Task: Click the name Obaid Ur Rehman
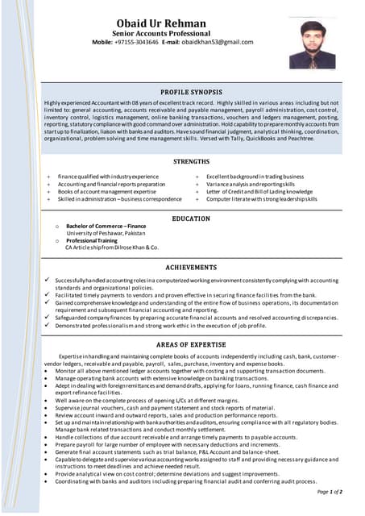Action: (171, 23)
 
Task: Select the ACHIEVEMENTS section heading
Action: (193, 266)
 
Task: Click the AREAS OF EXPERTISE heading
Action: (193, 343)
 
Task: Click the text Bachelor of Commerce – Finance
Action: (106, 227)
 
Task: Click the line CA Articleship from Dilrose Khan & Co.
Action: (111, 248)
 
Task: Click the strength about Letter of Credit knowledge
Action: (259, 191)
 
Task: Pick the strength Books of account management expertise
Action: (107, 191)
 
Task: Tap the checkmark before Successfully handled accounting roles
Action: (48, 279)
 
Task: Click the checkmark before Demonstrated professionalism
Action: (48, 325)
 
